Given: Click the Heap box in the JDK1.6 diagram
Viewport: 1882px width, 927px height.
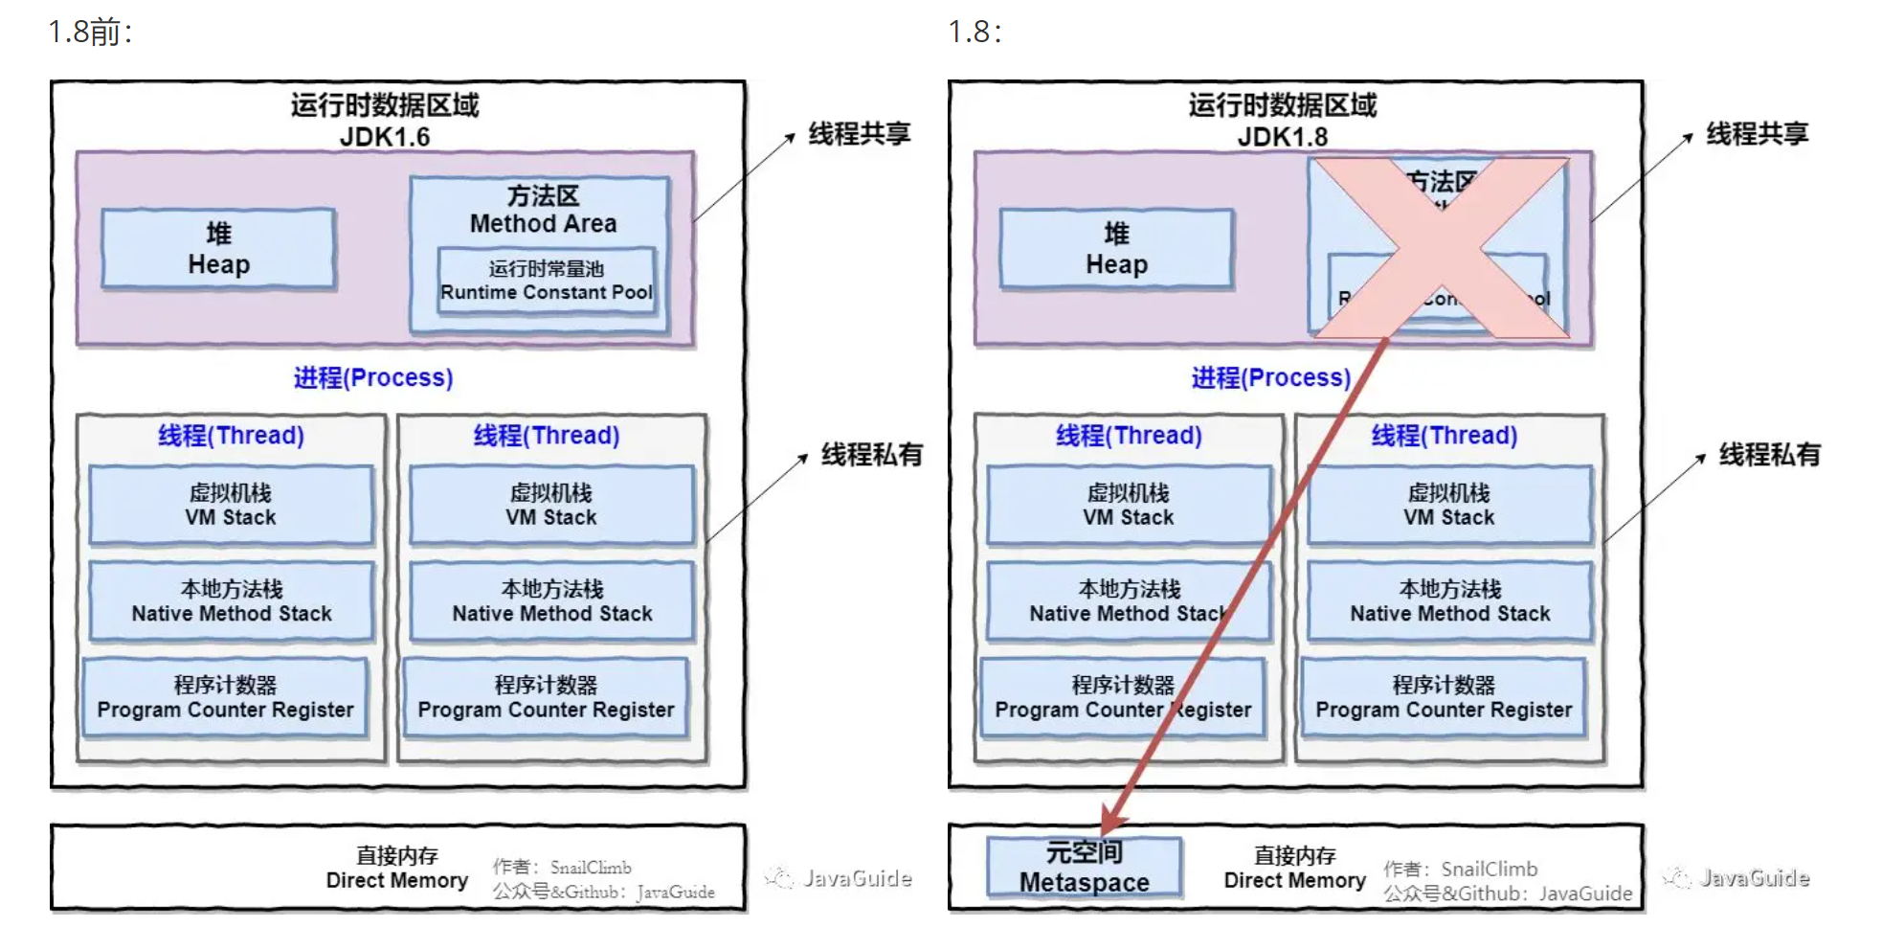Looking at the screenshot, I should (218, 249).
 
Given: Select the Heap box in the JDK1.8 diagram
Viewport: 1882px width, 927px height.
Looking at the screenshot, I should (1116, 249).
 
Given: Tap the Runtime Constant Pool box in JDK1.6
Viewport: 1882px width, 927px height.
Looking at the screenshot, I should (546, 281).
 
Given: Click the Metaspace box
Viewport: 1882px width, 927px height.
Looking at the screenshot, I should (1084, 868).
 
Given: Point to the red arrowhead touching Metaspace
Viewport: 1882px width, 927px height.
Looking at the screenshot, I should (1112, 823).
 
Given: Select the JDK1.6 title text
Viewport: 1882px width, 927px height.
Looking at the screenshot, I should (385, 137).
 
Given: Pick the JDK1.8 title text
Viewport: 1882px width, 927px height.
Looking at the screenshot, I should (1282, 137).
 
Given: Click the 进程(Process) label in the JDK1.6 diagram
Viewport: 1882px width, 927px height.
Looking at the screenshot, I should (372, 377).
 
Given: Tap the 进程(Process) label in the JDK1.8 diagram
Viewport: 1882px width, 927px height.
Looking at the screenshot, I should (1270, 377).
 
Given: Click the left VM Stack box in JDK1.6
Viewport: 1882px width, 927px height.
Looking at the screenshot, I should (231, 505).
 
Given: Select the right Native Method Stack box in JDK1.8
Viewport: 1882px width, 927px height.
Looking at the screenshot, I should (1449, 601).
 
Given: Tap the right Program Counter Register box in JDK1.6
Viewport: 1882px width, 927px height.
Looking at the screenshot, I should (546, 698).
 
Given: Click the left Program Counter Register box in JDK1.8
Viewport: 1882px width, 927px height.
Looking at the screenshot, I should (1122, 698).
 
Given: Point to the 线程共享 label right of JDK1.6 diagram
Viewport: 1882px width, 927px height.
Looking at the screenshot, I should (859, 134).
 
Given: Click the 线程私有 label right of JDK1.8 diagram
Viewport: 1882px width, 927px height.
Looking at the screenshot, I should (1769, 455).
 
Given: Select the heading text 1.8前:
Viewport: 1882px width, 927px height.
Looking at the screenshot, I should (91, 33).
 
